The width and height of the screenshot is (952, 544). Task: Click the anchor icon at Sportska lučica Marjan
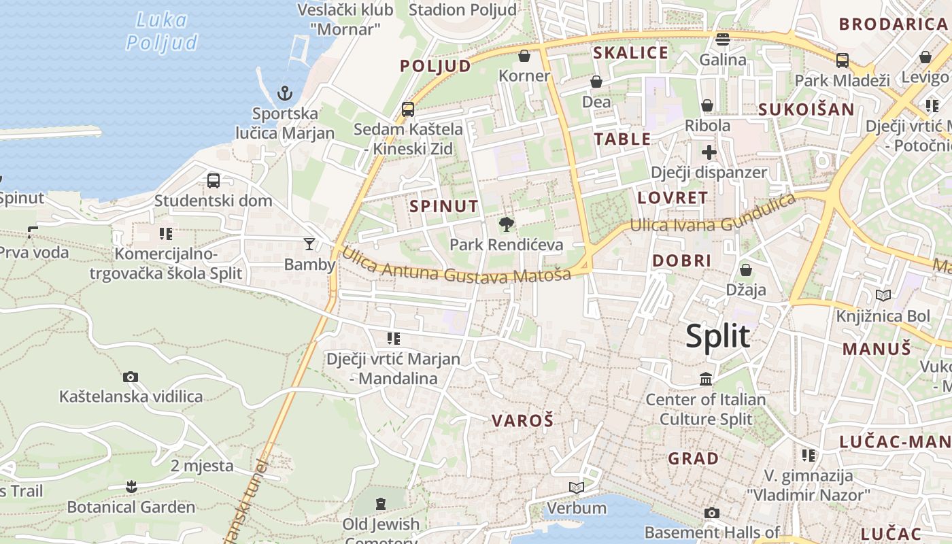pos(284,93)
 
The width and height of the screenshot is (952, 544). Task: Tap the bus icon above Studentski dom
pos(214,181)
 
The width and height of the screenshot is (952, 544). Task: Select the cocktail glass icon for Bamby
pos(309,243)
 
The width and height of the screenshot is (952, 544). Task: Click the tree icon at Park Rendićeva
pos(506,224)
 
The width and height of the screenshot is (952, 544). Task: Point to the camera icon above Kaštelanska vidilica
pos(131,377)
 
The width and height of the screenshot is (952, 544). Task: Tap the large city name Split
pos(717,337)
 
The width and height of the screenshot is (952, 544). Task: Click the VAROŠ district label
pos(522,420)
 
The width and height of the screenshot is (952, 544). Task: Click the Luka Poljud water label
pos(162,31)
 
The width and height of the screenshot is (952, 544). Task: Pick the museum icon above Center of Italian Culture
pos(706,379)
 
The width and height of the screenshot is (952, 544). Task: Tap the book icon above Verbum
pos(577,488)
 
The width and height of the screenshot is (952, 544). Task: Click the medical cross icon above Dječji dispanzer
pos(709,152)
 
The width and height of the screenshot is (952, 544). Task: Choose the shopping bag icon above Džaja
pos(746,270)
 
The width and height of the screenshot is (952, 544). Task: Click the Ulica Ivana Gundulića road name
pos(713,214)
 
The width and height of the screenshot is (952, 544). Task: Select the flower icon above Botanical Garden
pos(131,486)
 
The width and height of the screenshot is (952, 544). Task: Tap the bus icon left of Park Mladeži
pos(843,61)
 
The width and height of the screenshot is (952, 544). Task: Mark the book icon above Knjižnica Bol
pos(883,296)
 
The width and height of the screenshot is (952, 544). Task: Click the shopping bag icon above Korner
pos(524,56)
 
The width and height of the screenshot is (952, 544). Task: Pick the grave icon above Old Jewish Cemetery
pos(380,504)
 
